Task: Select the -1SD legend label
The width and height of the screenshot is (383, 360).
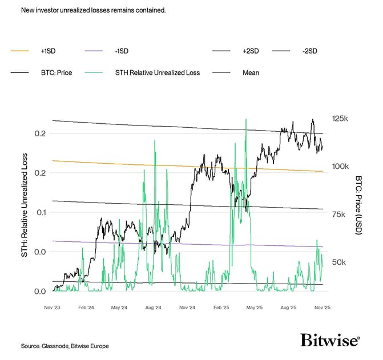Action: point(121,51)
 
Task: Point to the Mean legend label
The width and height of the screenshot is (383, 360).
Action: point(251,72)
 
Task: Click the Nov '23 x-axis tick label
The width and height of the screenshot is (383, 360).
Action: point(53,308)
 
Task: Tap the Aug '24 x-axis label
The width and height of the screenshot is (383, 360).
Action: point(154,308)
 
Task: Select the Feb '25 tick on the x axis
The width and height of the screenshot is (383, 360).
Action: point(221,308)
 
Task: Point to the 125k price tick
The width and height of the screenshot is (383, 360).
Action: point(340,119)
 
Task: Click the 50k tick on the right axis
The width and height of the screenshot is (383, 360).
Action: point(340,262)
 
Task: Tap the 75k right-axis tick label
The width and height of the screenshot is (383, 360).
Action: point(340,215)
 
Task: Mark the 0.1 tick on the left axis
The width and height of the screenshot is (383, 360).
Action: point(39,212)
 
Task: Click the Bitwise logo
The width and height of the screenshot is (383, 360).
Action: point(330,341)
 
